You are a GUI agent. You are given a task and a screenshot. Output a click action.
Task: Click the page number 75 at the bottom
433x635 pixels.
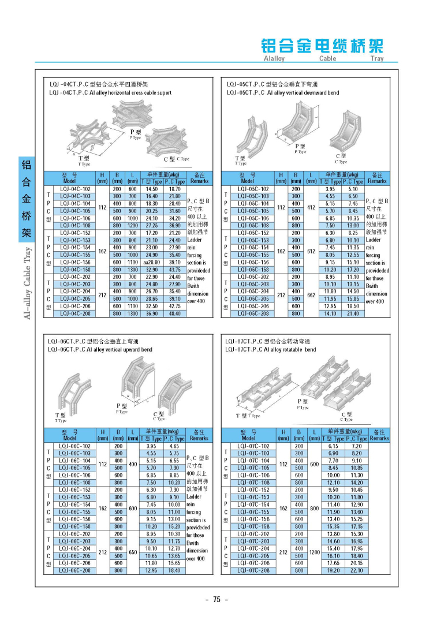(x=216, y=599)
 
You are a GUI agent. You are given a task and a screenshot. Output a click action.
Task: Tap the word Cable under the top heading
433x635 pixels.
(x=327, y=58)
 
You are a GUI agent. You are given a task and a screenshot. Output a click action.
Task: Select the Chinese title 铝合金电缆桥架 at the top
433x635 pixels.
(x=322, y=46)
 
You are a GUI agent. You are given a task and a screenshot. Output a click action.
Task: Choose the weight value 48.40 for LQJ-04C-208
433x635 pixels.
(x=174, y=313)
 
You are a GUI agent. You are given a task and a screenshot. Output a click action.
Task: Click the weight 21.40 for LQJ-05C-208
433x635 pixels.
(x=352, y=313)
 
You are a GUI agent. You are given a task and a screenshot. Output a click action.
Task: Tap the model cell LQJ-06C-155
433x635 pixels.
(x=75, y=511)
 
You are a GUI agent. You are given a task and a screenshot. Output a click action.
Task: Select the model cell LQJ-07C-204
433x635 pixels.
(x=254, y=548)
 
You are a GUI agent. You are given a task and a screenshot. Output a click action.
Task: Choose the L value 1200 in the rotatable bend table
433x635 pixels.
(x=314, y=552)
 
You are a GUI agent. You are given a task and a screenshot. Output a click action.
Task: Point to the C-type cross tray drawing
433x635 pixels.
(x=169, y=141)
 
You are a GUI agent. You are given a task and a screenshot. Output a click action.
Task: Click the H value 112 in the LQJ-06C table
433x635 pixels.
(x=103, y=464)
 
